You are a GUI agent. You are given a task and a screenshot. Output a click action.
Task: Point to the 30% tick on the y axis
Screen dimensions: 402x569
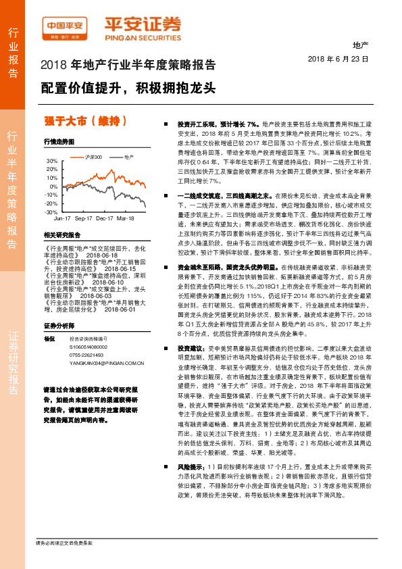click(52, 161)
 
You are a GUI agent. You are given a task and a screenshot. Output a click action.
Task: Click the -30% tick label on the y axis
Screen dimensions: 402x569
click(51, 212)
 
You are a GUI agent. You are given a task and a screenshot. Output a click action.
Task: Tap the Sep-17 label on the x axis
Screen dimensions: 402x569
click(84, 219)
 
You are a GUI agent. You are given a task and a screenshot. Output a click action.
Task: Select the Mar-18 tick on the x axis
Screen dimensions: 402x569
click(125, 219)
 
